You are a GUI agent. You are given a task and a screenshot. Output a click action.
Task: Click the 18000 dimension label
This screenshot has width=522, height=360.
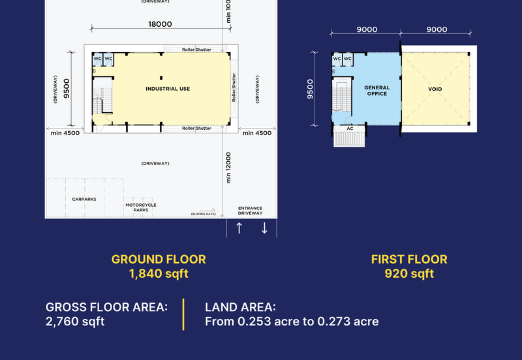tap(160, 24)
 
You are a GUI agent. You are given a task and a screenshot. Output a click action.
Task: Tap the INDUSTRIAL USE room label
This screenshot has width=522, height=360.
tap(168, 89)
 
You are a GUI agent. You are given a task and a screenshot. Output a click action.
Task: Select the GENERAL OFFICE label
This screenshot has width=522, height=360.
tap(377, 91)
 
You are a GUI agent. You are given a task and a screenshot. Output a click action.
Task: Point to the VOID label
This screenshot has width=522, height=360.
tap(435, 89)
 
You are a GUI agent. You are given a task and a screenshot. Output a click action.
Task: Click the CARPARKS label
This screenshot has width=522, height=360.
tap(84, 199)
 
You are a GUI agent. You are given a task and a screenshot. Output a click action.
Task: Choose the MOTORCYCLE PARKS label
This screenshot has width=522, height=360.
tap(141, 207)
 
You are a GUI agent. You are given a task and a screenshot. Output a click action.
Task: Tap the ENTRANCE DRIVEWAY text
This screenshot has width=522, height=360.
tap(251, 211)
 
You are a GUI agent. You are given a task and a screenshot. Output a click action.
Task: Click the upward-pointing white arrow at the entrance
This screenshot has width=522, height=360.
tap(239, 228)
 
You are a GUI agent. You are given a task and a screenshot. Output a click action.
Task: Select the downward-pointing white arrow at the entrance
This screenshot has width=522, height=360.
tap(264, 228)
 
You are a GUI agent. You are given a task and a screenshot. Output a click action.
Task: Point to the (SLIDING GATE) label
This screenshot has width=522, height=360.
tap(204, 214)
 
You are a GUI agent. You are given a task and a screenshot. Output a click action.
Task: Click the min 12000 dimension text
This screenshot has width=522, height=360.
tap(228, 168)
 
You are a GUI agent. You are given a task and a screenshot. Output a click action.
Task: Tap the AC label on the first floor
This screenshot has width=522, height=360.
tap(350, 128)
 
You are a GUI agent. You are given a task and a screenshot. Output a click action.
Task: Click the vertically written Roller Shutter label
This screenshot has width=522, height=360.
tap(234, 87)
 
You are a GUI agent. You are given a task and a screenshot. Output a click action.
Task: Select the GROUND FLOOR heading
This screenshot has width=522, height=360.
tap(159, 260)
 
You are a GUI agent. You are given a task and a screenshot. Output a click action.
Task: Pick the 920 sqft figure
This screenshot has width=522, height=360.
tap(409, 273)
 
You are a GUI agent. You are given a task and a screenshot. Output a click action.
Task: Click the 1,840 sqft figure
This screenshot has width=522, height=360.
tap(159, 273)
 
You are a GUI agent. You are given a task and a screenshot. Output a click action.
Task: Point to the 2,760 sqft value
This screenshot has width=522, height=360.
tap(75, 322)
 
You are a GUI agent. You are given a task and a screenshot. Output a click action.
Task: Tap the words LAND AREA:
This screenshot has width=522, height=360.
tap(240, 307)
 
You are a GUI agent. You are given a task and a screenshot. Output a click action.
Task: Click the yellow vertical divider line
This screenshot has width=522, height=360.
tap(183, 314)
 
